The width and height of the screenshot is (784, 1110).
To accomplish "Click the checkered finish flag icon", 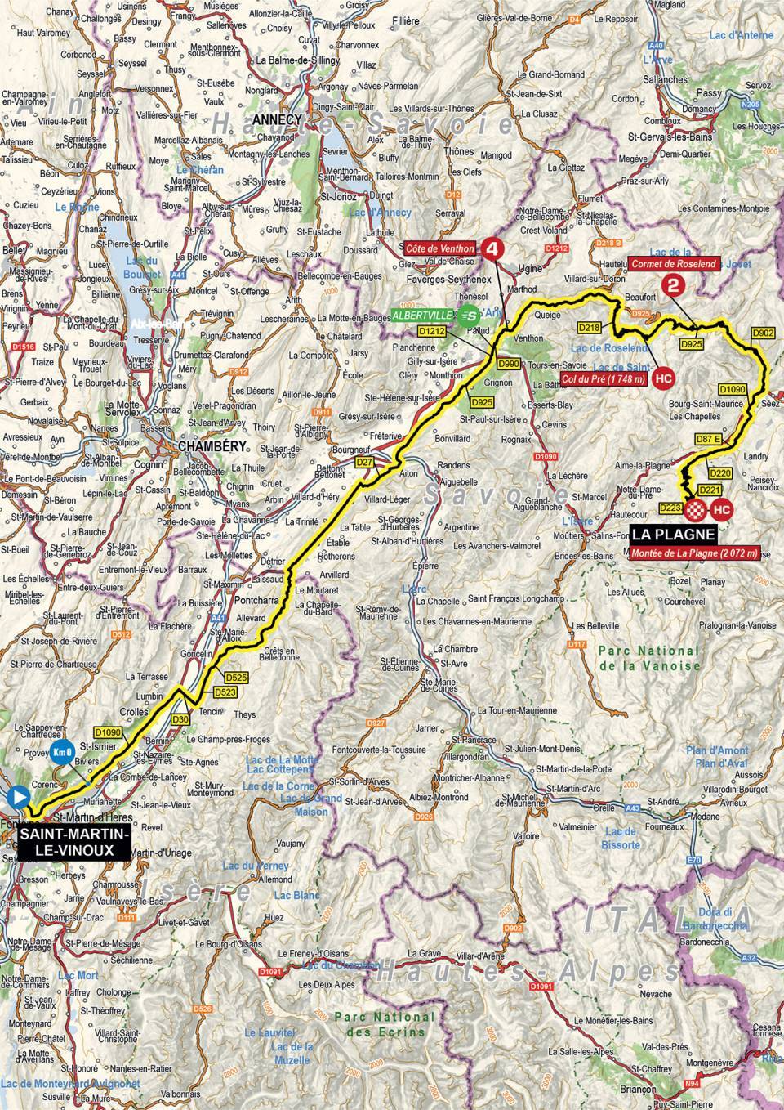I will (695, 511).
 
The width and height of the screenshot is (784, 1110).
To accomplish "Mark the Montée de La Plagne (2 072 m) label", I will (693, 553).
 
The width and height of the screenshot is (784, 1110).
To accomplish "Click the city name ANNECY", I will (278, 119).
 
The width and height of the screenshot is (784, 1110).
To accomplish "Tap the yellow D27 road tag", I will (364, 463).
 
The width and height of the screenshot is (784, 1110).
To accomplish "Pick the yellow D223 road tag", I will (669, 508).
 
